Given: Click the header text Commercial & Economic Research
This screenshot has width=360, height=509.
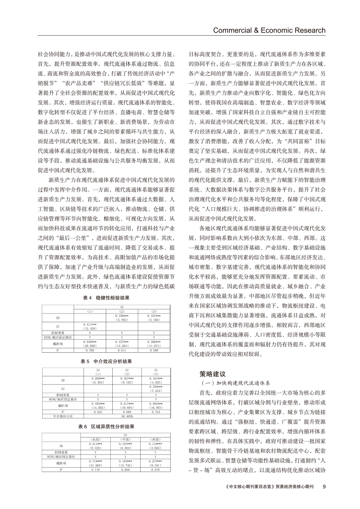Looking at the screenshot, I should point(269,30).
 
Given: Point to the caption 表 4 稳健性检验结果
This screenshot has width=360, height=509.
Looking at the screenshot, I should point(106,298).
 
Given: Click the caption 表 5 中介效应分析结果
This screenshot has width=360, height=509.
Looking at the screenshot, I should point(106,361).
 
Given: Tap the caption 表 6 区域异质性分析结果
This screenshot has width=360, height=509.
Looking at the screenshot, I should point(106,426).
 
